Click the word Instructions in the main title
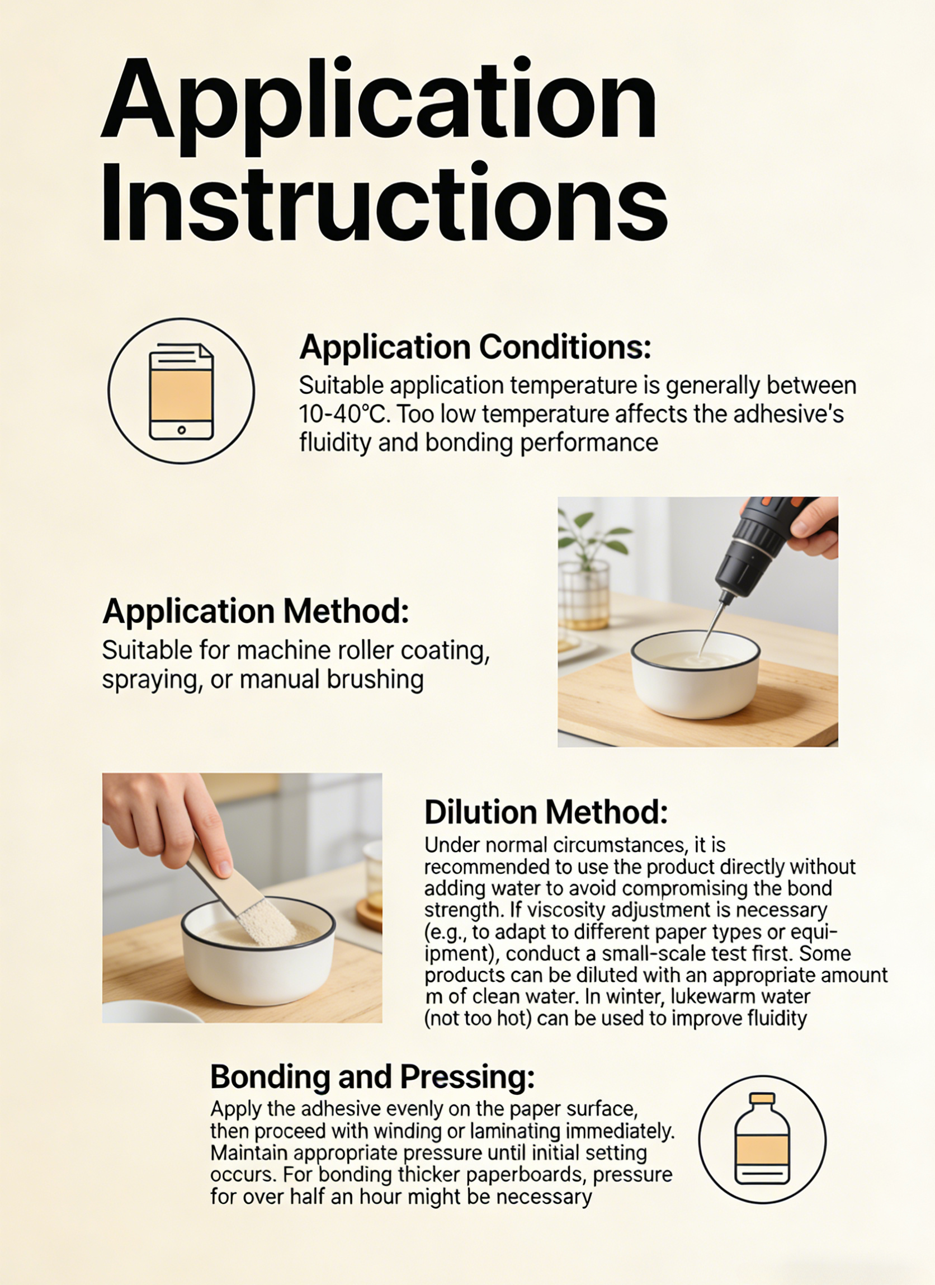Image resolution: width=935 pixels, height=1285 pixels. tap(384, 203)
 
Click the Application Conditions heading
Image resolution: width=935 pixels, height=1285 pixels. tap(475, 347)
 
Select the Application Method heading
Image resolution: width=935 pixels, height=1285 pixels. tap(256, 612)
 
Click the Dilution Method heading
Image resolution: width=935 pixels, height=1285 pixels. tap(546, 812)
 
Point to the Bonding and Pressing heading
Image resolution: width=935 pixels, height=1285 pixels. tap(372, 1076)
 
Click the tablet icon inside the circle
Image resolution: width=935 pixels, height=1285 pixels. tap(181, 391)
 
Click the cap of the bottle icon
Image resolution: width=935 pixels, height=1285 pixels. tap(762, 1099)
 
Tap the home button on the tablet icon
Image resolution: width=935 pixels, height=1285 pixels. tap(181, 430)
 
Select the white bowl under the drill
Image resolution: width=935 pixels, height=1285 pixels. tap(696, 674)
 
